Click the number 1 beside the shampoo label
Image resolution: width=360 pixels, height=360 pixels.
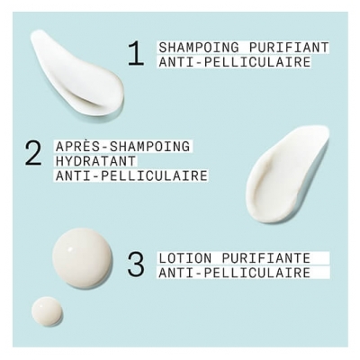pyautogui.click(x=135, y=53)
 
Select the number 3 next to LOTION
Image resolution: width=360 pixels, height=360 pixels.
pyautogui.click(x=136, y=265)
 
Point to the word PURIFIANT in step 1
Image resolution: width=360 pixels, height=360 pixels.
pyautogui.click(x=289, y=47)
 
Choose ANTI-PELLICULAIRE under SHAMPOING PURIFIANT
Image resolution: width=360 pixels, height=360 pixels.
pyautogui.click(x=234, y=62)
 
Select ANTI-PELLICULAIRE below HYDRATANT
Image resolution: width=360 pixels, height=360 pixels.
pyautogui.click(x=131, y=175)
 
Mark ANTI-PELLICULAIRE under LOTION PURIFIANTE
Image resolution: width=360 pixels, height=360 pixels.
pyautogui.click(x=234, y=273)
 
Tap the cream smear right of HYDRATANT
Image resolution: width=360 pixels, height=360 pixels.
pyautogui.click(x=287, y=175)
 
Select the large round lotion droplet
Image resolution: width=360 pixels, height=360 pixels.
pyautogui.click(x=82, y=258)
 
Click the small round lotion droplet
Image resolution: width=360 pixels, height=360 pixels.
pyautogui.click(x=47, y=311)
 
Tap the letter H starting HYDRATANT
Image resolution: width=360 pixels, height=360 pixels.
pyautogui.click(x=59, y=160)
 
